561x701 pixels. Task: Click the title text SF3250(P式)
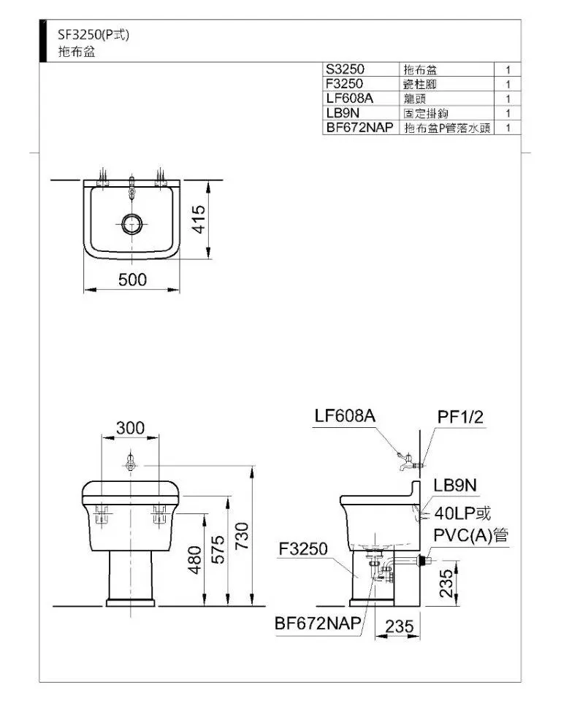[x=93, y=34]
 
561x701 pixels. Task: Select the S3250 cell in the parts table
[x=345, y=69]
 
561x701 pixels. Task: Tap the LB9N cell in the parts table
[x=343, y=112]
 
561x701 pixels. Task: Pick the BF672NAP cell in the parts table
[x=359, y=127]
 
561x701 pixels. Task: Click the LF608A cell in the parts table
[x=349, y=98]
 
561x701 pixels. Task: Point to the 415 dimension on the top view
[x=199, y=219]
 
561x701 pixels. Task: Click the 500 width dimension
[x=132, y=280]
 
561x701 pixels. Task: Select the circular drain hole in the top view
[x=132, y=224]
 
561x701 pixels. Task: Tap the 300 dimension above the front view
[x=131, y=428]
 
